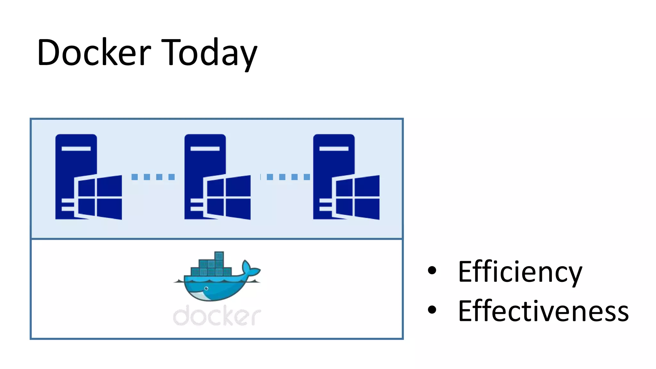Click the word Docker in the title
pos(94,52)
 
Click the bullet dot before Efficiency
pos(432,270)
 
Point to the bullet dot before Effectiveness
pos(432,309)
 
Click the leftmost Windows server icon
pos(88,177)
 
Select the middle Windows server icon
pos(217,177)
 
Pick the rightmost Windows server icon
pos(346,177)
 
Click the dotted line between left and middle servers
pos(153,177)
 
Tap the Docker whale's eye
pos(206,289)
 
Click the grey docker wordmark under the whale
pos(217,316)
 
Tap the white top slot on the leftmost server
pos(76,149)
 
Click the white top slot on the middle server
pos(205,149)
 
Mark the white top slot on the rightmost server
pos(334,149)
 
